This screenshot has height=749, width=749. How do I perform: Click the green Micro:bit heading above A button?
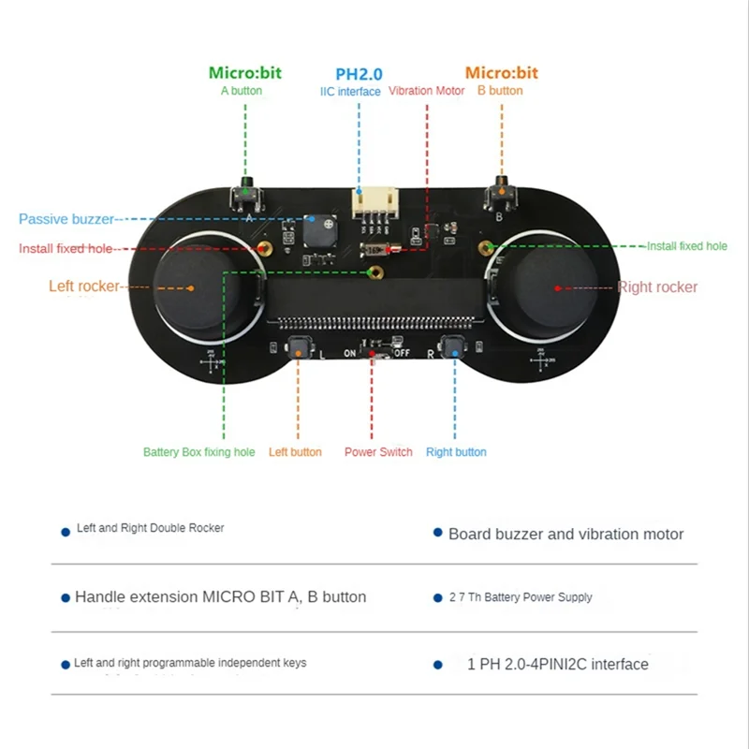[x=244, y=73]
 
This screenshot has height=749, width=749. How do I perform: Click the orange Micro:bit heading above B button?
[x=502, y=73]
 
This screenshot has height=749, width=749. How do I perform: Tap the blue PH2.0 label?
[x=359, y=73]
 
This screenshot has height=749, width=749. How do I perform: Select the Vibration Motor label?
[x=426, y=91]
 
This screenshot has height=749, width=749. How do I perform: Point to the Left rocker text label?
[x=84, y=286]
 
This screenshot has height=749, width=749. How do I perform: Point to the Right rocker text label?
[x=658, y=287]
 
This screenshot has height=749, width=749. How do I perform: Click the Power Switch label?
[x=378, y=452]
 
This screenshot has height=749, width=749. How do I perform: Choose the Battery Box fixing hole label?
[x=198, y=452]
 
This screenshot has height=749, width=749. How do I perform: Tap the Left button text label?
[x=295, y=452]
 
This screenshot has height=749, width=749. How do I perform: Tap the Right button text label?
[x=456, y=452]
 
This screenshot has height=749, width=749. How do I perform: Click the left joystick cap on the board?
[x=194, y=286]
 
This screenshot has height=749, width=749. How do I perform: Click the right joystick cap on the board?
[x=554, y=286]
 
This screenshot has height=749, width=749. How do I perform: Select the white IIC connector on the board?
[x=374, y=203]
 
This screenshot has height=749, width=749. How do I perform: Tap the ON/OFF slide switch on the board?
[x=374, y=354]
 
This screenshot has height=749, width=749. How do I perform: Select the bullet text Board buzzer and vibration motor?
[x=565, y=535]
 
